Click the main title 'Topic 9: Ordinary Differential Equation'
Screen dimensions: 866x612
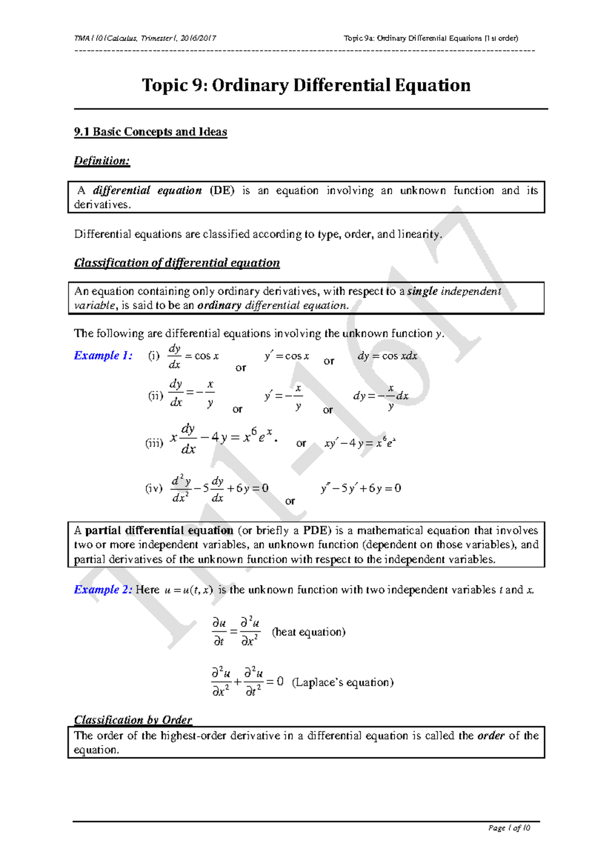[x=306, y=85]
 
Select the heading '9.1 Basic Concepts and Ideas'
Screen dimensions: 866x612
[x=150, y=132]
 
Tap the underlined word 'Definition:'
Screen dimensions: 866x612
[x=102, y=161]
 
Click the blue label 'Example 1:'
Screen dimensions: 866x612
[x=103, y=355]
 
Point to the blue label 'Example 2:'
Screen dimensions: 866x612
[x=103, y=590]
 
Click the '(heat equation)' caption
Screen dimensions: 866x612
[x=309, y=632]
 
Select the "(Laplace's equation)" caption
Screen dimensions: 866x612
[x=343, y=682]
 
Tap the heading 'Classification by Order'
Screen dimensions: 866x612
[x=133, y=720]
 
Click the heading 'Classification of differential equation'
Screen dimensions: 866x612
[x=177, y=263]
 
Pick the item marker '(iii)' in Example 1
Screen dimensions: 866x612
[x=154, y=443]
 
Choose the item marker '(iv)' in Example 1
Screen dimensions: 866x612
[x=154, y=488]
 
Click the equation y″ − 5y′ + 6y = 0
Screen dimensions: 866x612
[x=361, y=488]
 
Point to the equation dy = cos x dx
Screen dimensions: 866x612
[x=387, y=356]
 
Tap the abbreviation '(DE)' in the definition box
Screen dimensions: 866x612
[x=222, y=190]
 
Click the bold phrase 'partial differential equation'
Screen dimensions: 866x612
[x=159, y=530]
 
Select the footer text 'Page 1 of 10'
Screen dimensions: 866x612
[x=509, y=828]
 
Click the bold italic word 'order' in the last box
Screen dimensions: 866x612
[x=491, y=735]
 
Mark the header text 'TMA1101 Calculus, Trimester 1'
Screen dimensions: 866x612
[x=145, y=38]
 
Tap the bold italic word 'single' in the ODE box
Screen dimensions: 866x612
[x=422, y=291]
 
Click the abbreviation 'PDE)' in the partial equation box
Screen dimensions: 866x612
[x=317, y=530]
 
